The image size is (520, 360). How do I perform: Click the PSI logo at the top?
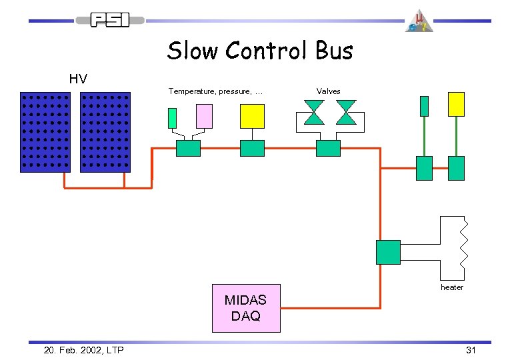[110, 20]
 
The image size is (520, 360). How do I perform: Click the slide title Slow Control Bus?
[260, 51]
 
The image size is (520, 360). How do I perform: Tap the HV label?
[78, 79]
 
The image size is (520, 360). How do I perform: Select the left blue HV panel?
[45, 132]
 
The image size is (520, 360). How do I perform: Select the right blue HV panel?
[105, 132]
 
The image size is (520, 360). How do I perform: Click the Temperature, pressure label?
[215, 91]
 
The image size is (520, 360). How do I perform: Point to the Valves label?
[328, 91]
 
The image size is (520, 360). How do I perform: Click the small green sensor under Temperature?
[172, 118]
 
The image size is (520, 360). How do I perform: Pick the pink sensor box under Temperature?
[204, 116]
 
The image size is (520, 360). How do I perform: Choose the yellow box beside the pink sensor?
[252, 116]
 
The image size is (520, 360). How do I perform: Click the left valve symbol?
[313, 112]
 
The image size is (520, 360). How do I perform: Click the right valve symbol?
[346, 112]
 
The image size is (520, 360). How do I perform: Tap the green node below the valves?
[328, 148]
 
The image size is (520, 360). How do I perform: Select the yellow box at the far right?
[456, 105]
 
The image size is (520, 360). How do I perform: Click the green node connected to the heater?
[388, 252]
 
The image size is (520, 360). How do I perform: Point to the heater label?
[451, 287]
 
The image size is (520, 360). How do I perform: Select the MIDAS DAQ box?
[246, 309]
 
